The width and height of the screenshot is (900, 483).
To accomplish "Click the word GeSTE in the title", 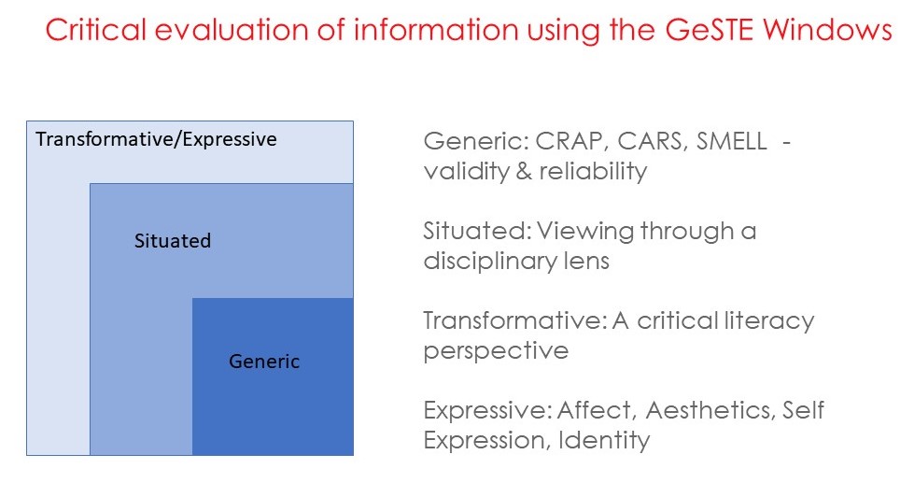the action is (709, 29).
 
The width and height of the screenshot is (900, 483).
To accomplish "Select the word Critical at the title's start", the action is (96, 29).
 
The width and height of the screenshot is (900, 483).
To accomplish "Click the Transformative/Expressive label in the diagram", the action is (156, 139).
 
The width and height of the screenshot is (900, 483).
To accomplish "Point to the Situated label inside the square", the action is (173, 240).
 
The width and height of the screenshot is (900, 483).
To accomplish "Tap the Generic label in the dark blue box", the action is (264, 362).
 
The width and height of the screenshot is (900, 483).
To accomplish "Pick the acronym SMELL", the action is (732, 141).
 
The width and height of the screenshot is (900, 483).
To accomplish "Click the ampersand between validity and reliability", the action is (524, 171).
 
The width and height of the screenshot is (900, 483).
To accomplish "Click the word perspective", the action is (496, 351).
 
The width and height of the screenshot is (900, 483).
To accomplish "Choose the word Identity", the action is (604, 441).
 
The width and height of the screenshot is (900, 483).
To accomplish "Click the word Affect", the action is (597, 411).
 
